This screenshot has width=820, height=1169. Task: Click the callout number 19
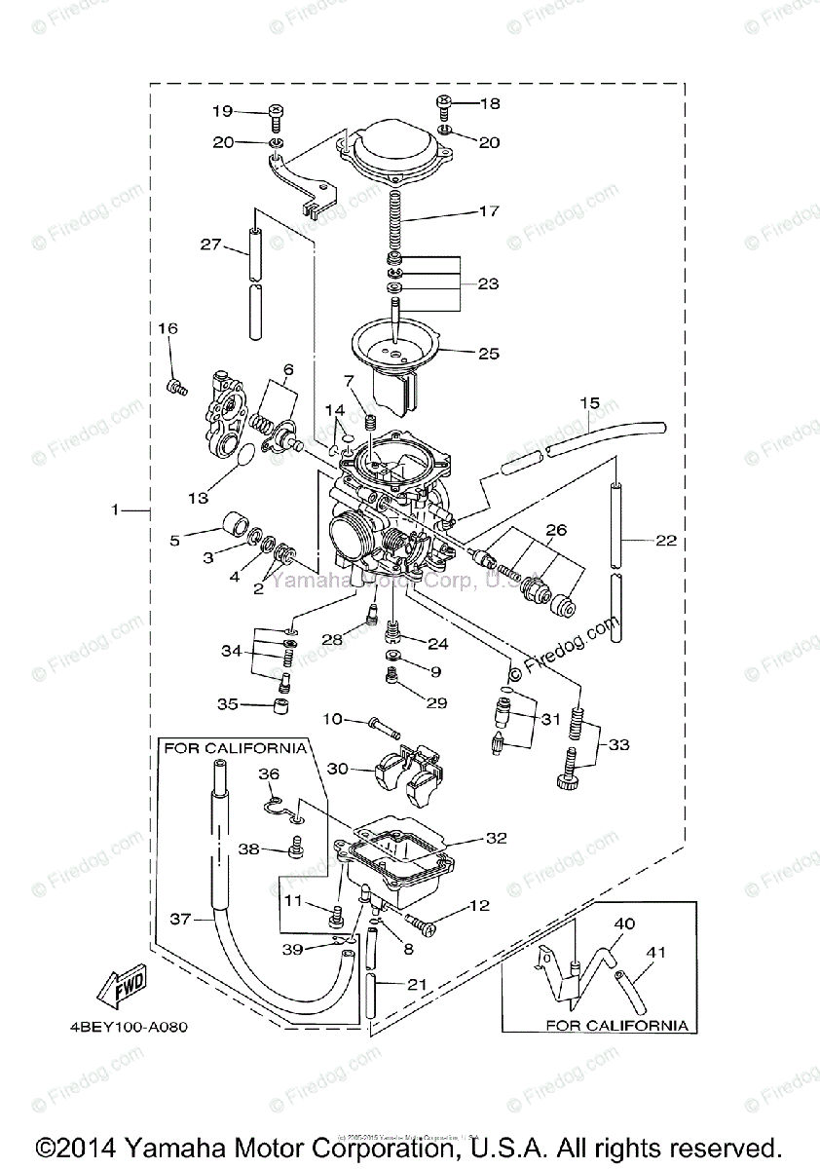[222, 111]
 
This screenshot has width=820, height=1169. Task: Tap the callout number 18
[489, 103]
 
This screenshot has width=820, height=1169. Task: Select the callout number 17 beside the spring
[489, 210]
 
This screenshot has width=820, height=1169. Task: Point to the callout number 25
[489, 354]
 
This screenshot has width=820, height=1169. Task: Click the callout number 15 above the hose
[590, 402]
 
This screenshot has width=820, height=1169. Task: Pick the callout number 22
[666, 542]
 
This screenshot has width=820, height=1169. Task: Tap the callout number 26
[556, 531]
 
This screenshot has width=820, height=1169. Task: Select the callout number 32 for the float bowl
[497, 838]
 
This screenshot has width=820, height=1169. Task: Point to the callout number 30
[337, 769]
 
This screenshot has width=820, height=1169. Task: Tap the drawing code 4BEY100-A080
[128, 1027]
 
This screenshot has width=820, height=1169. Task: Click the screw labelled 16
[176, 389]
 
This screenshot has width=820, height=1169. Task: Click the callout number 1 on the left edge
[115, 509]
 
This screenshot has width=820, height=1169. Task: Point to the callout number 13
[198, 498]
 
